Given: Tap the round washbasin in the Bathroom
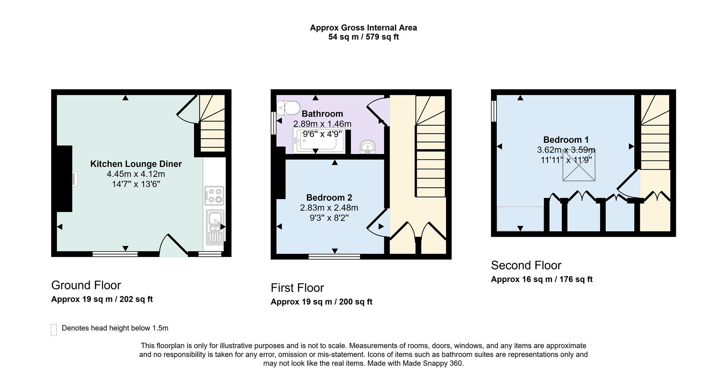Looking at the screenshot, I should point(367,147).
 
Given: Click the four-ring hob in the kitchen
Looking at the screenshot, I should point(214,196).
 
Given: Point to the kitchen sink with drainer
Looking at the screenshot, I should point(215,227).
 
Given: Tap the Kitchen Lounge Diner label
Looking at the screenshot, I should point(136,164).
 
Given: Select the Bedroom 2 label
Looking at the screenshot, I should point(329,198).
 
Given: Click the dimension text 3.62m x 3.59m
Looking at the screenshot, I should point(566,150).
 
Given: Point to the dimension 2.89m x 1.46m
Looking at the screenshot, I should point(322,124).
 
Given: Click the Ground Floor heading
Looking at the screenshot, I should point(86,285).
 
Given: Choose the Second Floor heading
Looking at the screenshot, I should point(526,265).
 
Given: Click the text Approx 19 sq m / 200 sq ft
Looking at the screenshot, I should point(321,302).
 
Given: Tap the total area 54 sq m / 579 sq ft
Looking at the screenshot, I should point(363,37).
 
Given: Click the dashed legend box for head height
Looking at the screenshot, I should point(54,330).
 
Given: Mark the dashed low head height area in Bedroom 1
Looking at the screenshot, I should point(520,218).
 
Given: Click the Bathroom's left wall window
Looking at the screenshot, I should point(273,123).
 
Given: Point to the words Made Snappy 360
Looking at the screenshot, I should point(432,363).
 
